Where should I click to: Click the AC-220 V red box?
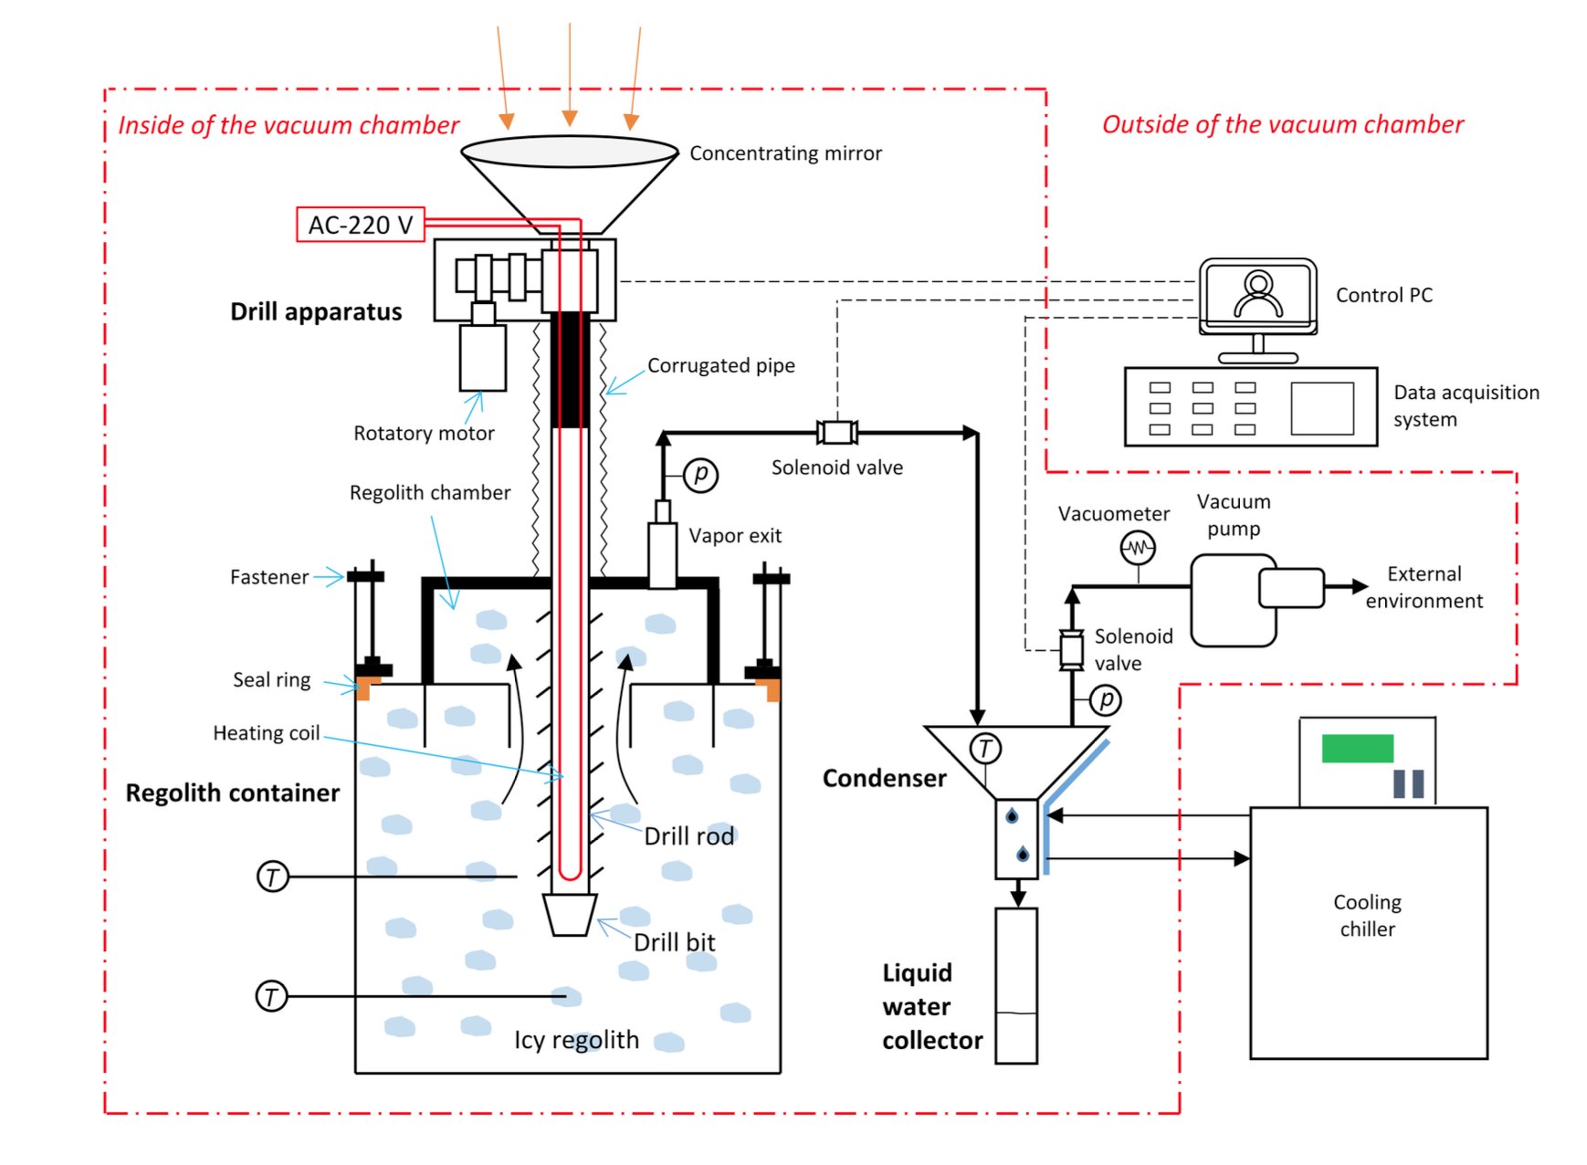(360, 225)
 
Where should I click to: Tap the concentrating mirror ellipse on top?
(569, 151)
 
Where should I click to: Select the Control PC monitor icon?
(1257, 295)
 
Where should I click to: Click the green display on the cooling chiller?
(1357, 749)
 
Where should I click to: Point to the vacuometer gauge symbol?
(1137, 549)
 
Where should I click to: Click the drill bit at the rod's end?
(570, 914)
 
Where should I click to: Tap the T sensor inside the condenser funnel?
(984, 749)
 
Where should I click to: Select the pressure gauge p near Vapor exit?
(700, 475)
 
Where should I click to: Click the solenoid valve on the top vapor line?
(836, 432)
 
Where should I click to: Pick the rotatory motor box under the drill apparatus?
(482, 357)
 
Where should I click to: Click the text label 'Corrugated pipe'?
(720, 366)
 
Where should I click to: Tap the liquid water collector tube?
(1015, 985)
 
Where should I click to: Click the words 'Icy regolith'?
(576, 1040)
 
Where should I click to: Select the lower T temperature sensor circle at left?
(271, 996)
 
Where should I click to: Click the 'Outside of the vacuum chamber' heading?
(1282, 125)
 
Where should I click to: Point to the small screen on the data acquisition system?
(1321, 408)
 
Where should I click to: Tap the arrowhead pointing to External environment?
(1359, 587)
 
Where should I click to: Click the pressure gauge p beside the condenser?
(1106, 700)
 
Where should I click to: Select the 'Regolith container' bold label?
(232, 792)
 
